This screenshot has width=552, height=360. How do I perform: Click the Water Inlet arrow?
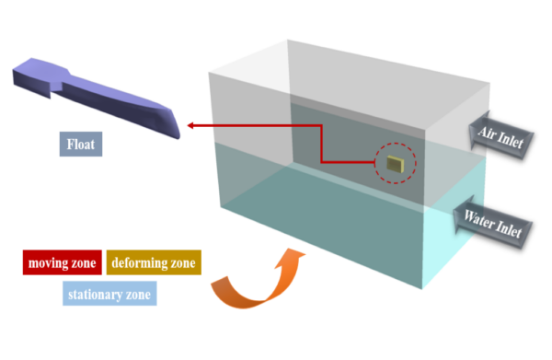coord(493,222)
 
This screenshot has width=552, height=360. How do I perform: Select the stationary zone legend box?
coord(108,296)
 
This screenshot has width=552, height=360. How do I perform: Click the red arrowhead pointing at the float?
coord(189,124)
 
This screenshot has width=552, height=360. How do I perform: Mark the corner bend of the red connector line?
coord(319,125)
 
